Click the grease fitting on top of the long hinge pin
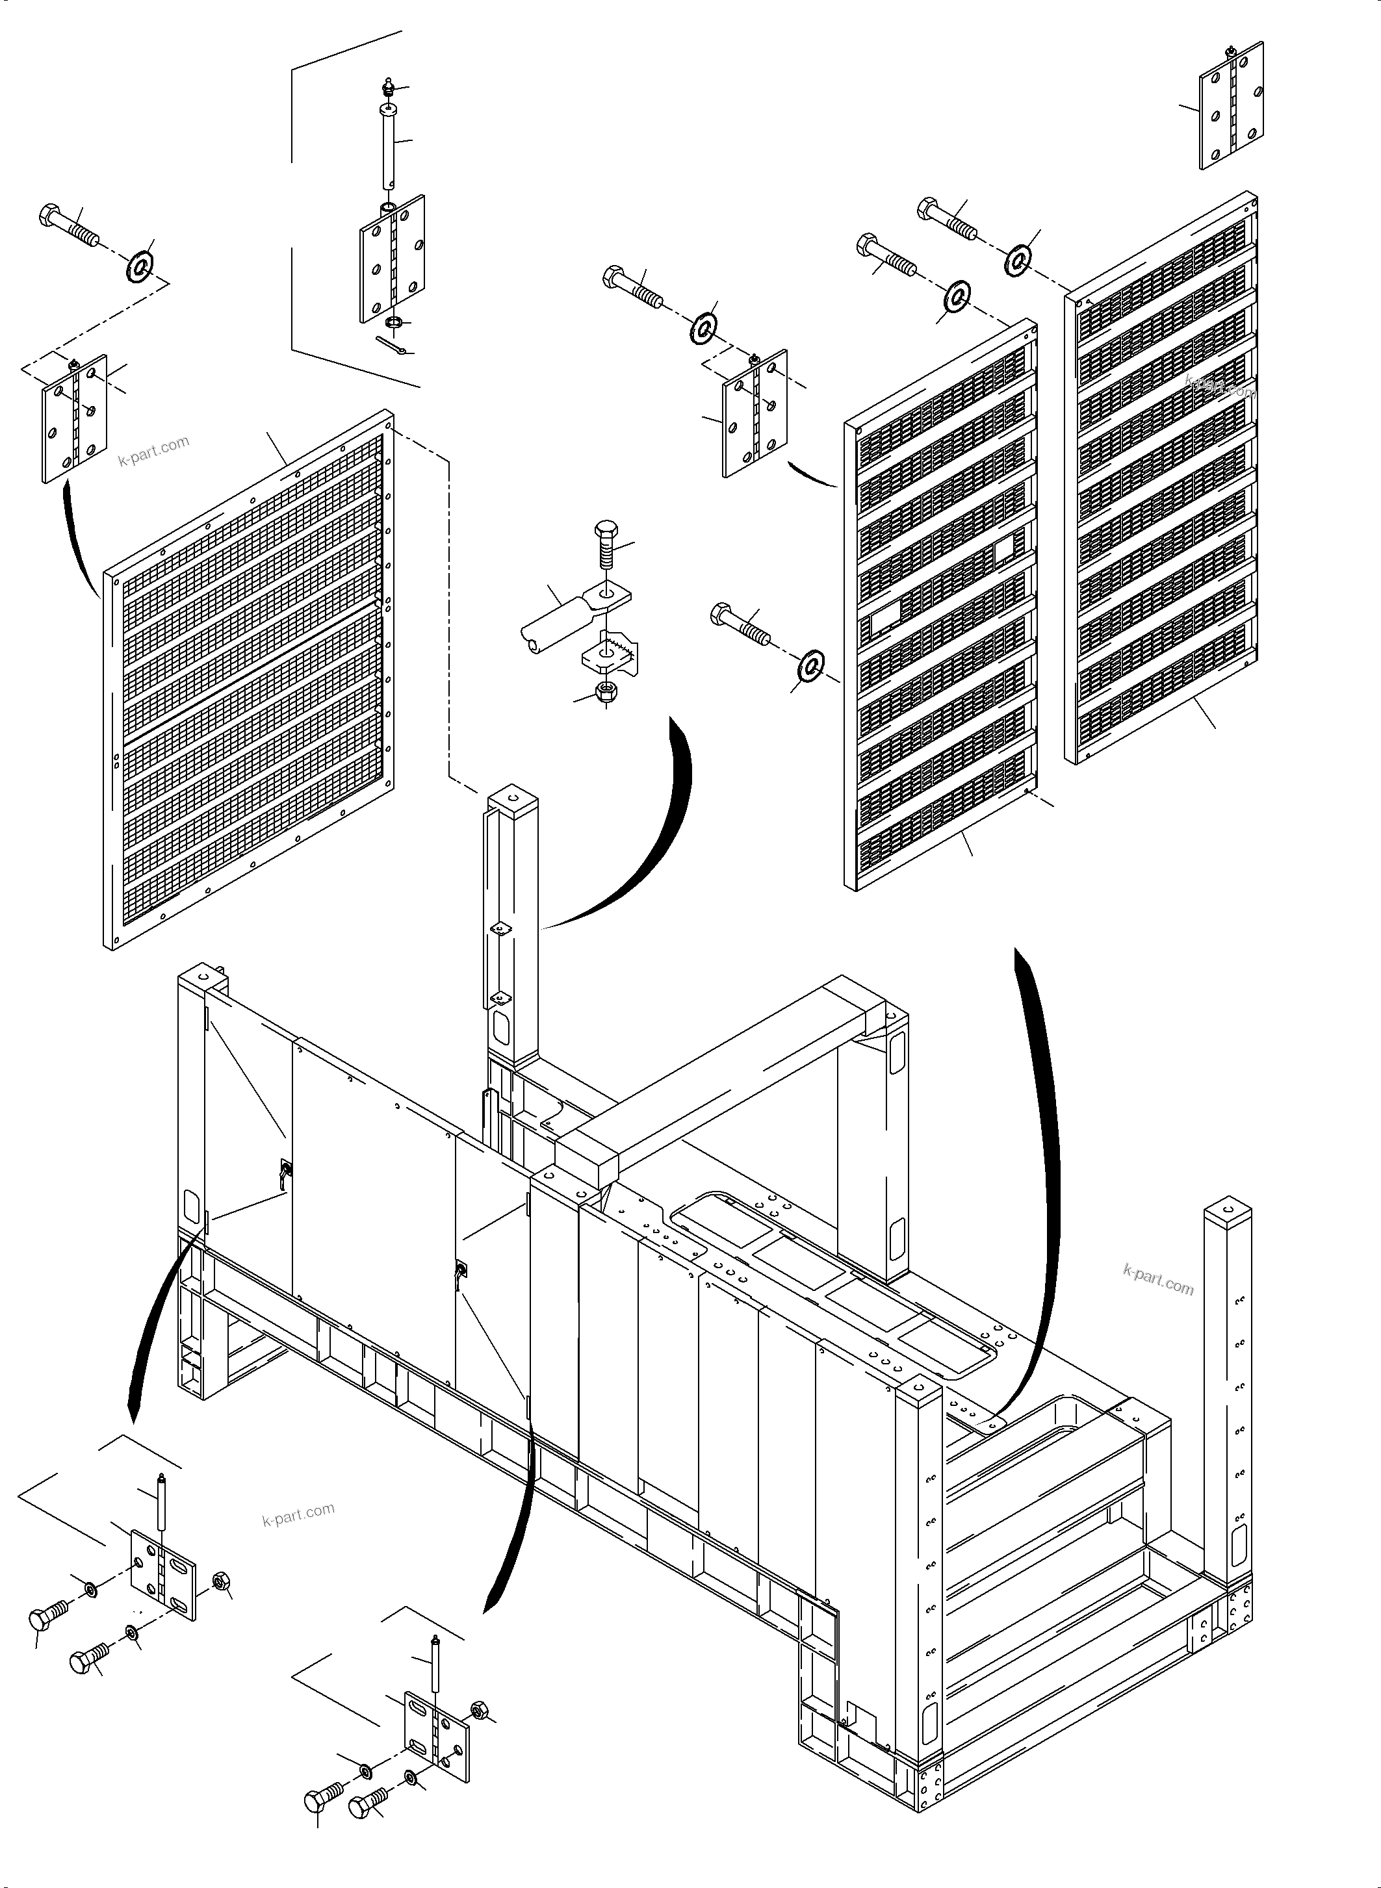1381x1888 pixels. (x=388, y=87)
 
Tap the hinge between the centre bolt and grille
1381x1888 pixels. (x=754, y=414)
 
